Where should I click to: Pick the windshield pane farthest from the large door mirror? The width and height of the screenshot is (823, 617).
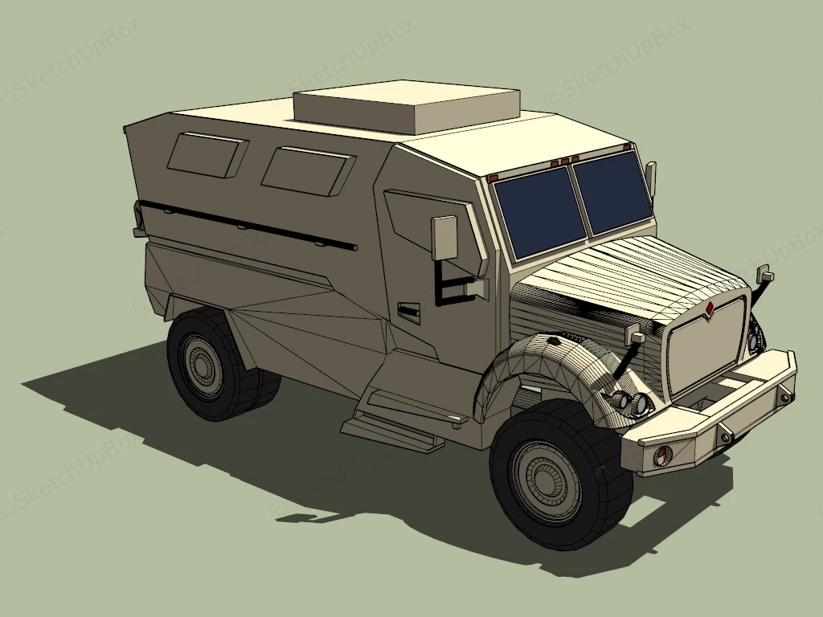[611, 191]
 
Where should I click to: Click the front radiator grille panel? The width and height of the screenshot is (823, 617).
[706, 350]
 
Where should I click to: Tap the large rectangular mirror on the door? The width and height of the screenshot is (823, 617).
[444, 238]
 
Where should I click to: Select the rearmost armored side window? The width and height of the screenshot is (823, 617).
[207, 154]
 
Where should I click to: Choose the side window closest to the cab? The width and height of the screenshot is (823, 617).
[307, 170]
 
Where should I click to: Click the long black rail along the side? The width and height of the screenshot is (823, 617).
[249, 224]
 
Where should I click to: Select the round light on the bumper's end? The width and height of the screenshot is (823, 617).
[662, 456]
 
